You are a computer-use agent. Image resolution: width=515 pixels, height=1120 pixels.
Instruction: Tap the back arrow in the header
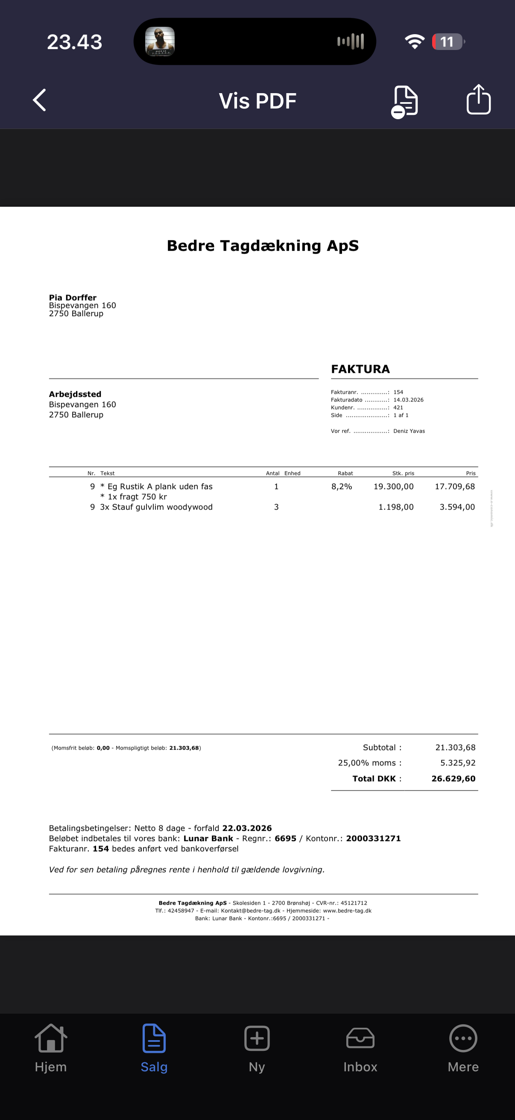(x=40, y=100)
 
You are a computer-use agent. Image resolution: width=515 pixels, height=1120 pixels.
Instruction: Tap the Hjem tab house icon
(x=51, y=1038)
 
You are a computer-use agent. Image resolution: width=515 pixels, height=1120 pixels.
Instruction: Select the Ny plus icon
(x=257, y=1038)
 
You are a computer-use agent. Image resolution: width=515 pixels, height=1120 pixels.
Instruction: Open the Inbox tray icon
(x=360, y=1038)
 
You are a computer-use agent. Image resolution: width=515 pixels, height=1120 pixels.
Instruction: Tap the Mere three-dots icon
(x=463, y=1038)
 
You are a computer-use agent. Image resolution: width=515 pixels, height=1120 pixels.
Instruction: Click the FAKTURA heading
(x=360, y=369)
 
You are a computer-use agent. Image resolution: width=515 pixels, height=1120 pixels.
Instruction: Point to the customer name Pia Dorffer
(x=73, y=297)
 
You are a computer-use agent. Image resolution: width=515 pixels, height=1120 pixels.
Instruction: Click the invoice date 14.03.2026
(x=408, y=400)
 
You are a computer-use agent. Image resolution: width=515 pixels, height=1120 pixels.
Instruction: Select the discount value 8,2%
(x=342, y=487)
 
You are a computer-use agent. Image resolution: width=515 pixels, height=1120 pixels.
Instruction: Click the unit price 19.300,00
(x=393, y=487)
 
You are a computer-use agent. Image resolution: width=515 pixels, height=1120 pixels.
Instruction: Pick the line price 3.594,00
(x=457, y=507)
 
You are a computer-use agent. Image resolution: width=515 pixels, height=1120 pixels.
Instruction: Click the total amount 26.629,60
(x=453, y=779)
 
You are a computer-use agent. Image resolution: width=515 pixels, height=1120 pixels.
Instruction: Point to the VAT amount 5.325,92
(x=458, y=763)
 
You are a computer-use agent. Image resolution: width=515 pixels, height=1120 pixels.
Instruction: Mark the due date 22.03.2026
(x=247, y=828)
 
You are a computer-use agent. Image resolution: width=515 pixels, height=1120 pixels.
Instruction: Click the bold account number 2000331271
(x=373, y=838)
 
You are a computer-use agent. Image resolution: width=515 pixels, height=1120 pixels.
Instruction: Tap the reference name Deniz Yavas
(x=409, y=431)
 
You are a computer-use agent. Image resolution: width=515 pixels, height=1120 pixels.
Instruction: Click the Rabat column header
(x=345, y=473)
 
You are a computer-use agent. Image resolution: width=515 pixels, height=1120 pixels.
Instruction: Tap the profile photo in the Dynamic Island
(x=160, y=42)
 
